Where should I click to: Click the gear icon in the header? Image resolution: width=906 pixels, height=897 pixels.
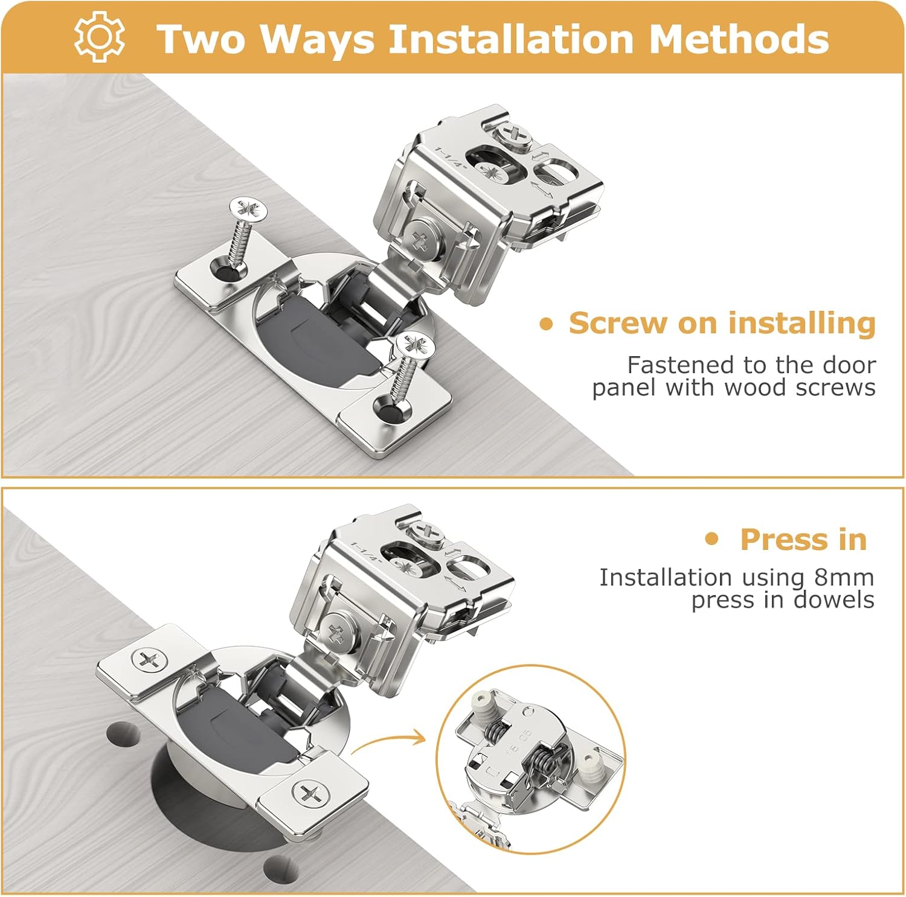click(x=100, y=37)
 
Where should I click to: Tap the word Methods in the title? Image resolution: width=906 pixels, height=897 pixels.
click(x=738, y=39)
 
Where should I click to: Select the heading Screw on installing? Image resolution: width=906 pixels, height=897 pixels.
click(x=722, y=323)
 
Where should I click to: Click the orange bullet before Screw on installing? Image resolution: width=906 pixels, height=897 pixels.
click(x=546, y=325)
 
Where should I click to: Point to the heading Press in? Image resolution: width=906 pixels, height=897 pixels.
click(x=803, y=539)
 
